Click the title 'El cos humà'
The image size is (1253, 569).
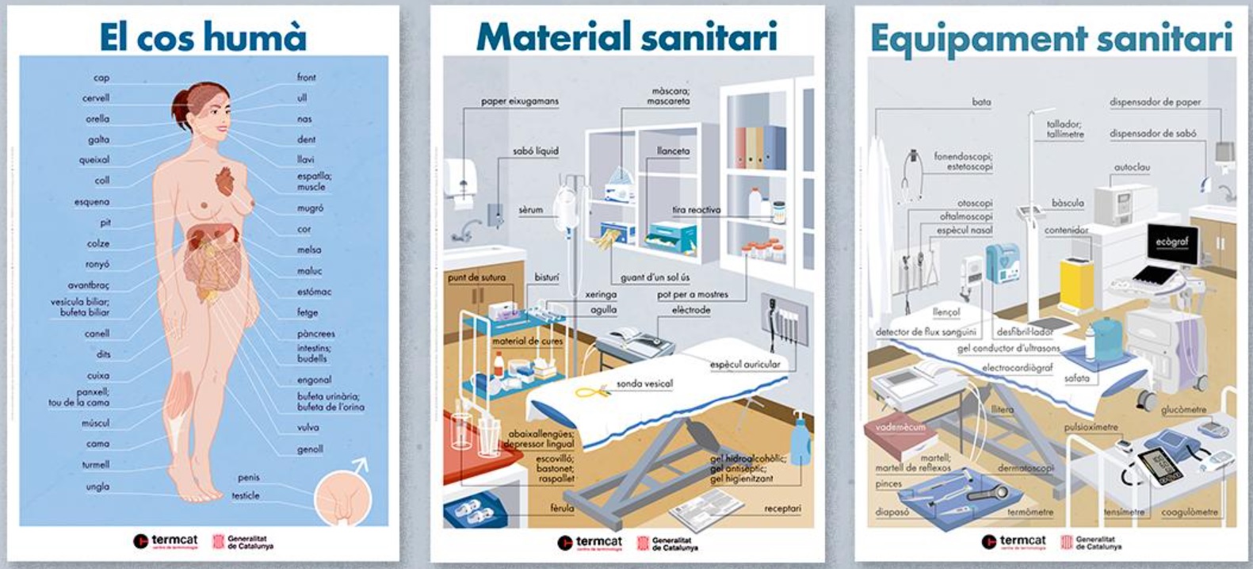[202, 36]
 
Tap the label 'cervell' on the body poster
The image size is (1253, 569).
[96, 98]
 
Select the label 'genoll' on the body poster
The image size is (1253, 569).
[310, 449]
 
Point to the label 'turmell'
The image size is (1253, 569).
[96, 465]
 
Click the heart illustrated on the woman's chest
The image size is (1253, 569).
[226, 180]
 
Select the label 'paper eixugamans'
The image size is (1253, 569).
[519, 101]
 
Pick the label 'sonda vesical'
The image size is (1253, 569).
[644, 384]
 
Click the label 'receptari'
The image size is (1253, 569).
[782, 508]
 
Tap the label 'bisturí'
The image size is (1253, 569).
[546, 277]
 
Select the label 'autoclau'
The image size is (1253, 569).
[1132, 168]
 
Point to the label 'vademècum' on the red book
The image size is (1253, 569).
[900, 427]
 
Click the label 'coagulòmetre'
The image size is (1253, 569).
[1189, 512]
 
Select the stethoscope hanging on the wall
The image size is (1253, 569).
[912, 174]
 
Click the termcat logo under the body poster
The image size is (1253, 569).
[166, 541]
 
